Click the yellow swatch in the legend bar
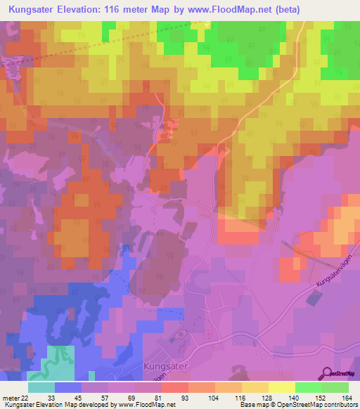pyautogui.click(x=281, y=387)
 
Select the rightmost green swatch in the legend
pyautogui.click(x=335, y=387)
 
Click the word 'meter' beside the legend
pyautogui.click(x=12, y=397)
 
